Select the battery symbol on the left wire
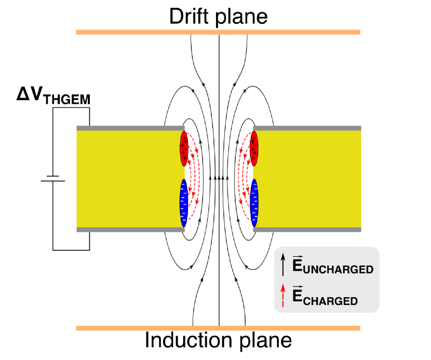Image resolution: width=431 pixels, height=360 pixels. click(x=53, y=178)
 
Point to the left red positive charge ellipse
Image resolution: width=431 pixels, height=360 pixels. click(x=184, y=147)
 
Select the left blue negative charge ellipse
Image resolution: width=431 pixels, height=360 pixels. click(x=183, y=203)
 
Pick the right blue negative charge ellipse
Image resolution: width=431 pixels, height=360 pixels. click(x=254, y=203)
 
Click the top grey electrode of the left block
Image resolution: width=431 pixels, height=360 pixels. click(x=130, y=128)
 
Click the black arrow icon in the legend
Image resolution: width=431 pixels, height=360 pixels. click(x=282, y=265)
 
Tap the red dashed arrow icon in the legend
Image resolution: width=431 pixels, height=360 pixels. click(x=282, y=296)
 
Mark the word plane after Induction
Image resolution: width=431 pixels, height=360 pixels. click(x=265, y=340)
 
